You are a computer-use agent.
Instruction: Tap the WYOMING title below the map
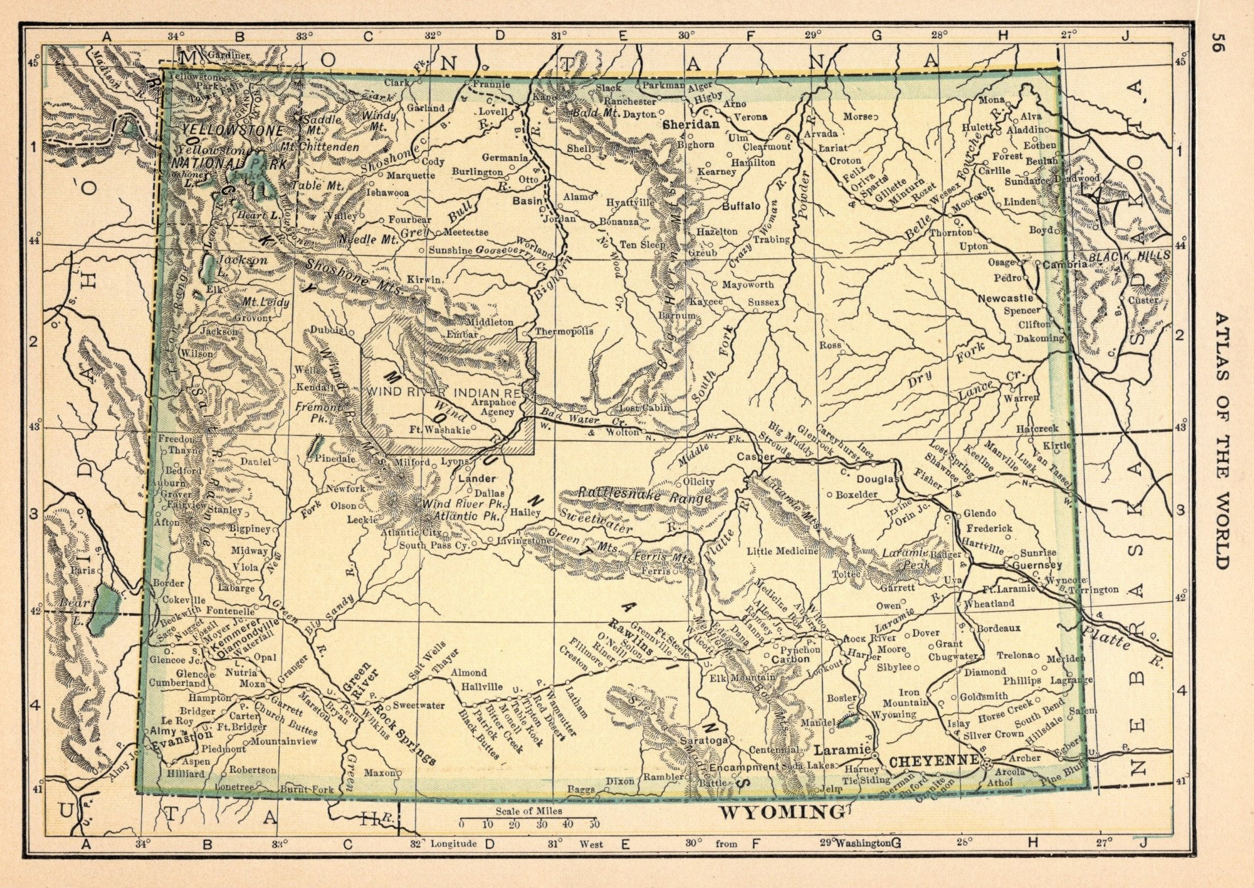[782, 812]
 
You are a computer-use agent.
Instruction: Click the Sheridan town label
[682, 125]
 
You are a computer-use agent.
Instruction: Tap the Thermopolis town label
[564, 332]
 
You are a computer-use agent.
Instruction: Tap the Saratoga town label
[703, 740]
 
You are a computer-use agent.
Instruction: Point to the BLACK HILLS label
[1130, 255]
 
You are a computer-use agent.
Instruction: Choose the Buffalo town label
[741, 206]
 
